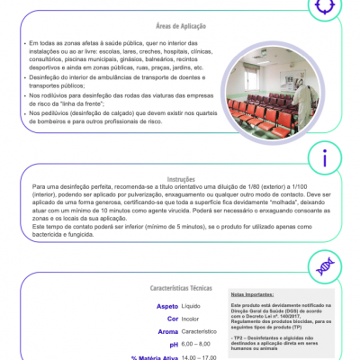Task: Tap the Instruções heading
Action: pyautogui.click(x=180, y=179)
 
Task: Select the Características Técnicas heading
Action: pyautogui.click(x=181, y=289)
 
